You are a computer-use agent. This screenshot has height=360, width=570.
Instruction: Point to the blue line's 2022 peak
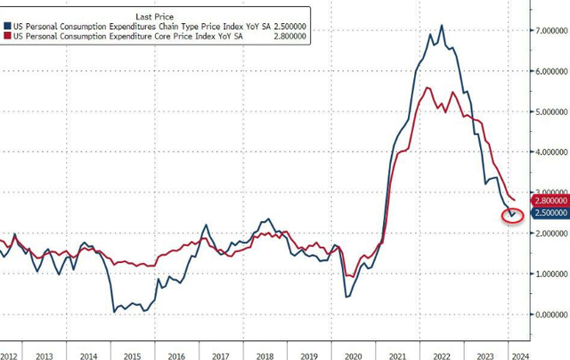pyautogui.click(x=442, y=26)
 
